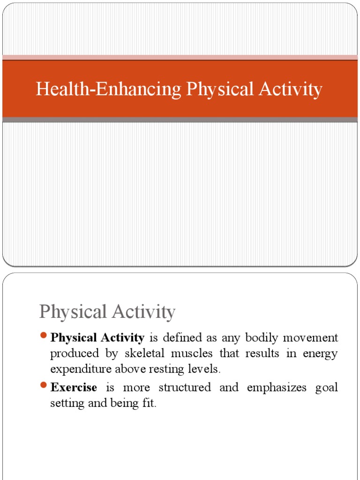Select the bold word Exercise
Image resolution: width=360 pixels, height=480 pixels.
pyautogui.click(x=74, y=388)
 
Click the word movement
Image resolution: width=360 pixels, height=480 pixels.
pyautogui.click(x=309, y=337)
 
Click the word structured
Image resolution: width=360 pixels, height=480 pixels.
pyautogui.click(x=184, y=388)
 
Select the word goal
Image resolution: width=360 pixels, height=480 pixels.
pyautogui.click(x=327, y=388)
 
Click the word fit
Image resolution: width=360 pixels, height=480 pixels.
pyautogui.click(x=148, y=403)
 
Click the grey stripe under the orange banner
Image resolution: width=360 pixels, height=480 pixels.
pyautogui.click(x=180, y=120)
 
